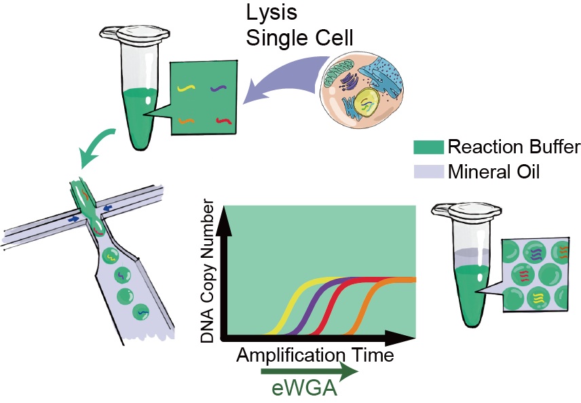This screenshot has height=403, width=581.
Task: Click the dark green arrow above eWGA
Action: tap(309, 372)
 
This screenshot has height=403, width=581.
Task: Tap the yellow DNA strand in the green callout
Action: tap(185, 88)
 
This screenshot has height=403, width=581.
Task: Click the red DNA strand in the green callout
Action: tap(223, 121)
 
